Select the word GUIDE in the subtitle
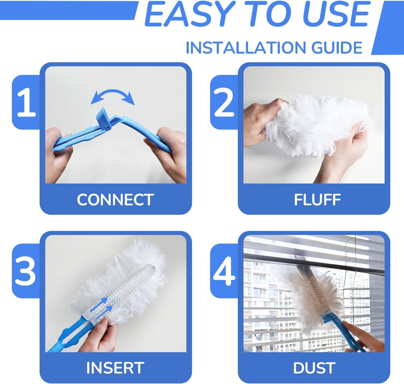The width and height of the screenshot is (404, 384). [x=337, y=48]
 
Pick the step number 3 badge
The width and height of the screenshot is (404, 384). [x=26, y=271]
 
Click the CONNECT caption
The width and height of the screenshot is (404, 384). [x=115, y=200]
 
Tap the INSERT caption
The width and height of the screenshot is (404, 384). [x=115, y=368]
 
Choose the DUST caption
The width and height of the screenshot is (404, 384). [x=314, y=368]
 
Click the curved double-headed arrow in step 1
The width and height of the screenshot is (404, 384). [x=112, y=96]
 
